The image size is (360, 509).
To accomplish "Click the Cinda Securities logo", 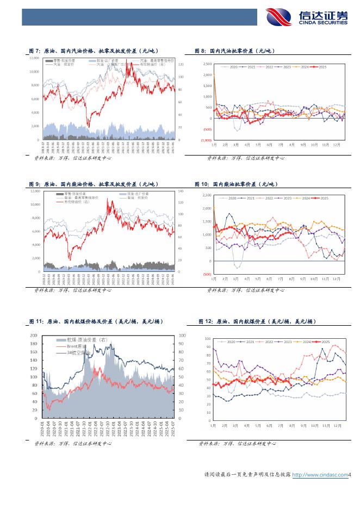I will point(307,18).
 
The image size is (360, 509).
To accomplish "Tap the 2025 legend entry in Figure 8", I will point(320,67).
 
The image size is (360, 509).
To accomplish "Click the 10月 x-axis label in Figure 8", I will point(314,145).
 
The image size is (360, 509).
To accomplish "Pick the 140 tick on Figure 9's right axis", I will point(181,191).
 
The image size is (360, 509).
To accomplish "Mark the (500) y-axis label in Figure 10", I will point(207,274).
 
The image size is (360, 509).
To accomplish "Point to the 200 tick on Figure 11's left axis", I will point(34,336).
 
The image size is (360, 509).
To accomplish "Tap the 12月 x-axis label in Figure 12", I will point(338,425).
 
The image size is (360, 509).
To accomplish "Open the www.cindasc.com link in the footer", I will point(320,475).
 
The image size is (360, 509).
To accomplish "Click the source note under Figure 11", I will point(73,444).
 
